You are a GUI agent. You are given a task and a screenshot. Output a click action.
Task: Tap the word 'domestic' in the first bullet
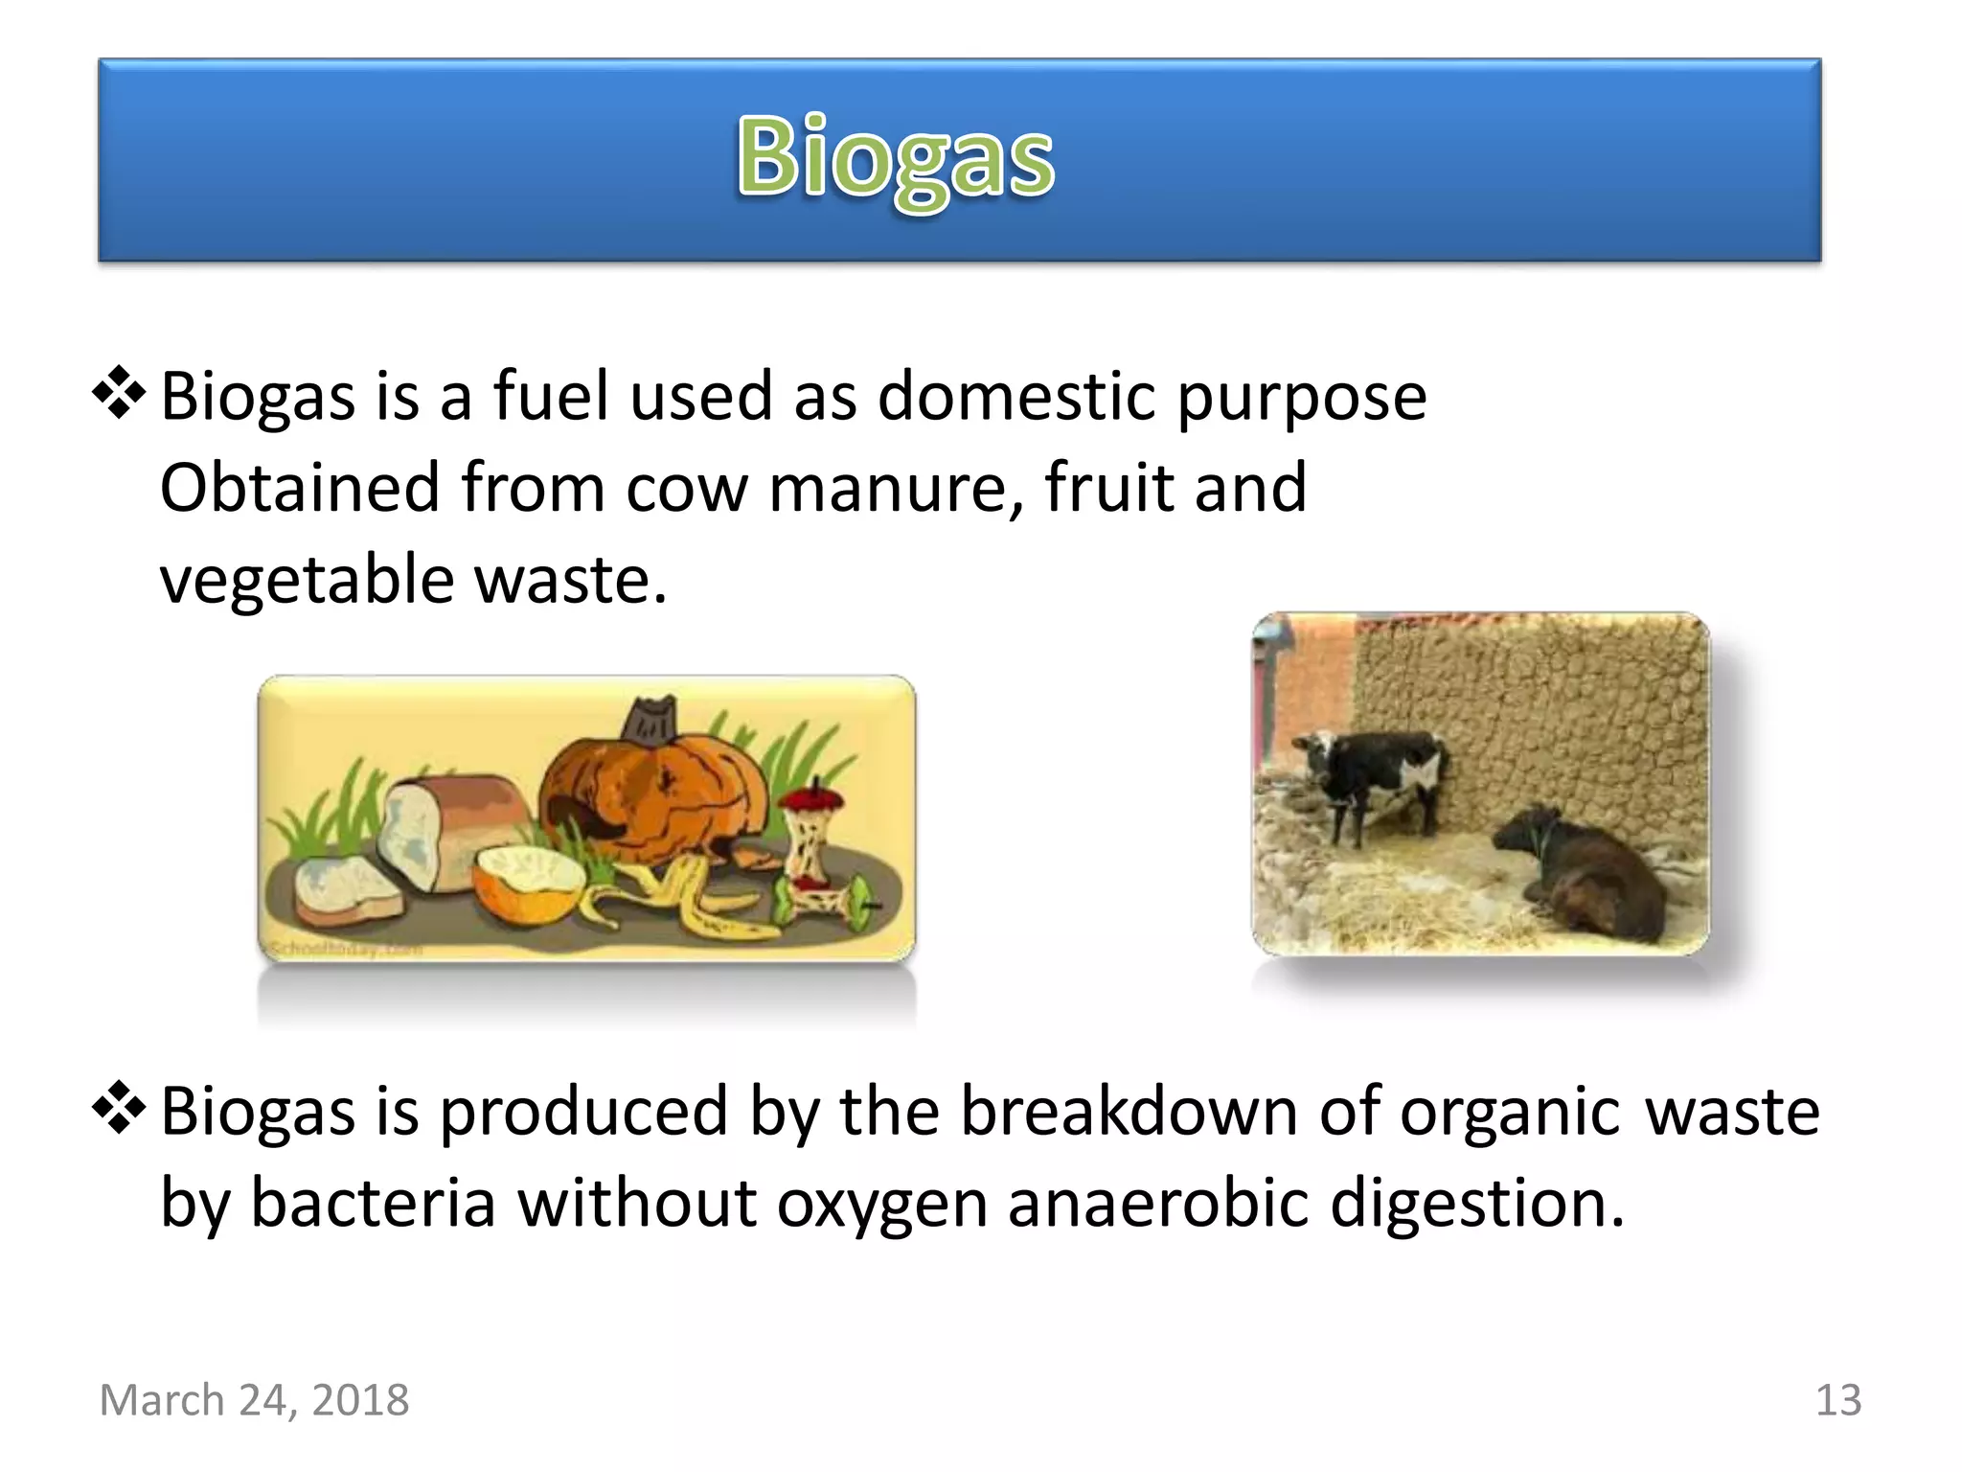coord(1016,396)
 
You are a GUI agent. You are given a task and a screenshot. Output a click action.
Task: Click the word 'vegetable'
coord(306,580)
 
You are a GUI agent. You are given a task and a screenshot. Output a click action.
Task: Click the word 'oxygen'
coord(881,1203)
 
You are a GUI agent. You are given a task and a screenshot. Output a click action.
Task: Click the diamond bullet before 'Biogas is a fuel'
coord(119,393)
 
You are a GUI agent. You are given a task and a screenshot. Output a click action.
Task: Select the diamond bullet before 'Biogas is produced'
coord(119,1108)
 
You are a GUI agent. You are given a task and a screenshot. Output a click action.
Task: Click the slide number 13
coord(1837,1400)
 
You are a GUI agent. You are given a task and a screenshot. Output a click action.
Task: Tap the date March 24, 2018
coord(255,1400)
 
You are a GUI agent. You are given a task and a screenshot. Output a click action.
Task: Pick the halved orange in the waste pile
coord(527,882)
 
